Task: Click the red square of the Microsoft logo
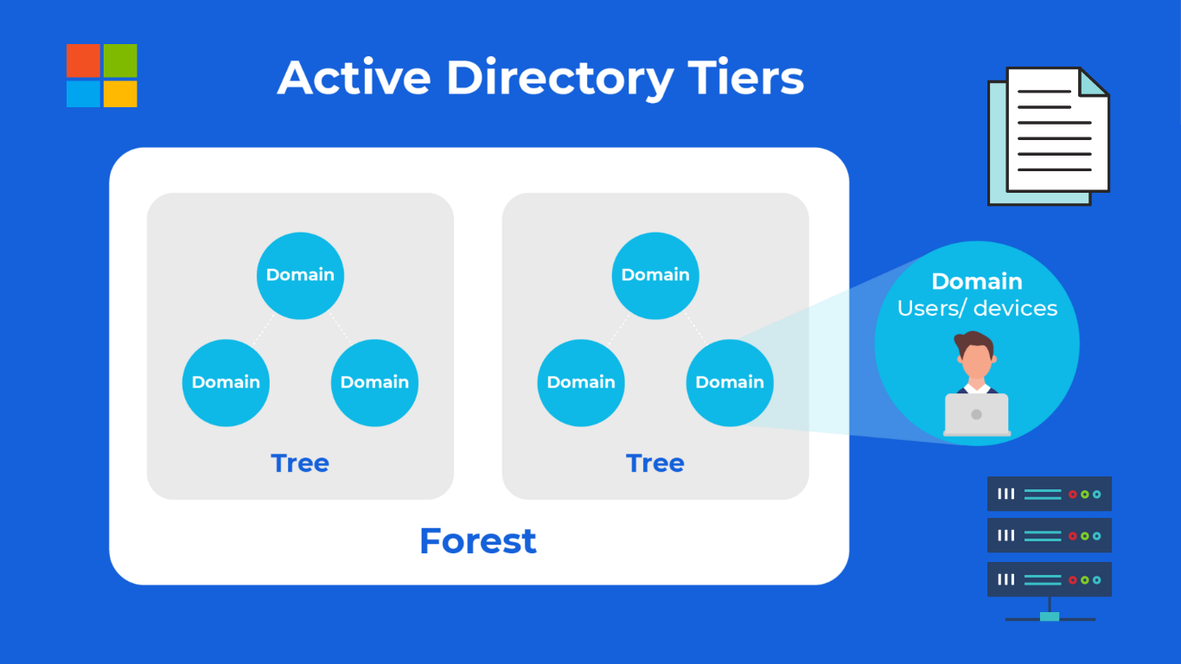(x=83, y=61)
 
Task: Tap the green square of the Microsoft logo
(x=120, y=61)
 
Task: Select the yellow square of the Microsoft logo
(x=120, y=94)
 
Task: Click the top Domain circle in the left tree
(x=300, y=275)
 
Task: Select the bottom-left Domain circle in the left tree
(x=226, y=382)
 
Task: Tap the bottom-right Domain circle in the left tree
(x=374, y=382)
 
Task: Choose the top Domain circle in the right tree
(x=655, y=275)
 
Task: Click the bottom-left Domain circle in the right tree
(x=581, y=382)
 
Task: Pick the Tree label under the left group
(x=300, y=463)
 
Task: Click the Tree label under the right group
(x=655, y=463)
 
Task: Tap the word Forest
(x=478, y=540)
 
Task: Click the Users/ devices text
(x=977, y=308)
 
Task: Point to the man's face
(x=976, y=361)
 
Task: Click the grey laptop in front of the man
(x=976, y=415)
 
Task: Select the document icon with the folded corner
(x=1049, y=136)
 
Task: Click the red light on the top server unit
(x=1072, y=495)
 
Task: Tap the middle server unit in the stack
(x=1050, y=535)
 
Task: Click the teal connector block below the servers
(x=1050, y=616)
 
